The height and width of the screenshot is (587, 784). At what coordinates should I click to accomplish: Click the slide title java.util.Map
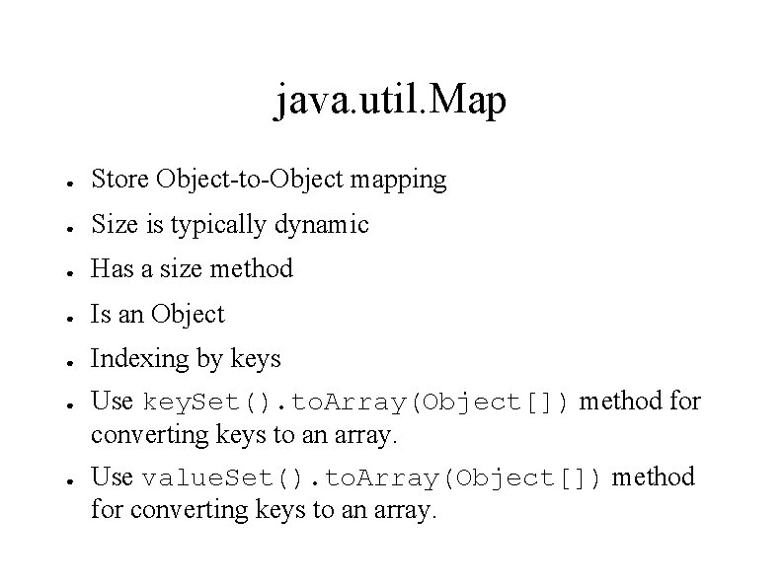click(x=391, y=101)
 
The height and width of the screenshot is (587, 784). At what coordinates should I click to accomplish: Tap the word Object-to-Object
click(x=240, y=180)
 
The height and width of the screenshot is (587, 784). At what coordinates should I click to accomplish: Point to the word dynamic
click(x=322, y=226)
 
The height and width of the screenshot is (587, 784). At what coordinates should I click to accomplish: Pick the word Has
click(x=110, y=268)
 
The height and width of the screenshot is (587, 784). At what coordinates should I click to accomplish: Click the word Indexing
click(x=135, y=360)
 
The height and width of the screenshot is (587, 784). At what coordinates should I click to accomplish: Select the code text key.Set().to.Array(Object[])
click(x=357, y=403)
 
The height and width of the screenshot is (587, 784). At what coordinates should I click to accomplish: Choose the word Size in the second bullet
click(x=110, y=225)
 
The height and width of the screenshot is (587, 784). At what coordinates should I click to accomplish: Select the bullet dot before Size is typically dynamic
click(x=61, y=227)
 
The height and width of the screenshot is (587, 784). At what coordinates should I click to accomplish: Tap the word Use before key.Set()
click(x=112, y=402)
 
